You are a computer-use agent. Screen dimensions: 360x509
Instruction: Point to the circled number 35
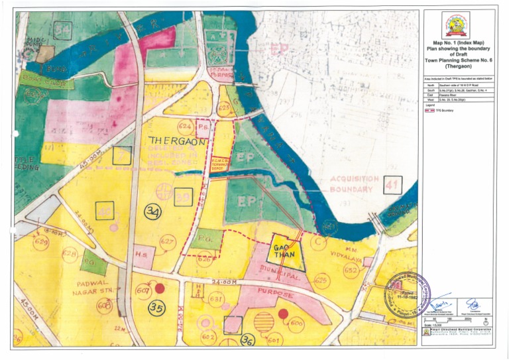pos(156,307)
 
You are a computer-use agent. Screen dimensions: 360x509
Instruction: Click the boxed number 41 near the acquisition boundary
pos(392,186)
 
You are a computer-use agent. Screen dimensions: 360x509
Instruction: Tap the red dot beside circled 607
pos(159,288)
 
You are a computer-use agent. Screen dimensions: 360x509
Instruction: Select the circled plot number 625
pos(321,281)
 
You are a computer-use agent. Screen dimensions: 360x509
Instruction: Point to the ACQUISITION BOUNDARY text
pos(354,184)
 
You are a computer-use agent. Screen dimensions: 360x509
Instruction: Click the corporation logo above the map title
pos(455,25)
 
